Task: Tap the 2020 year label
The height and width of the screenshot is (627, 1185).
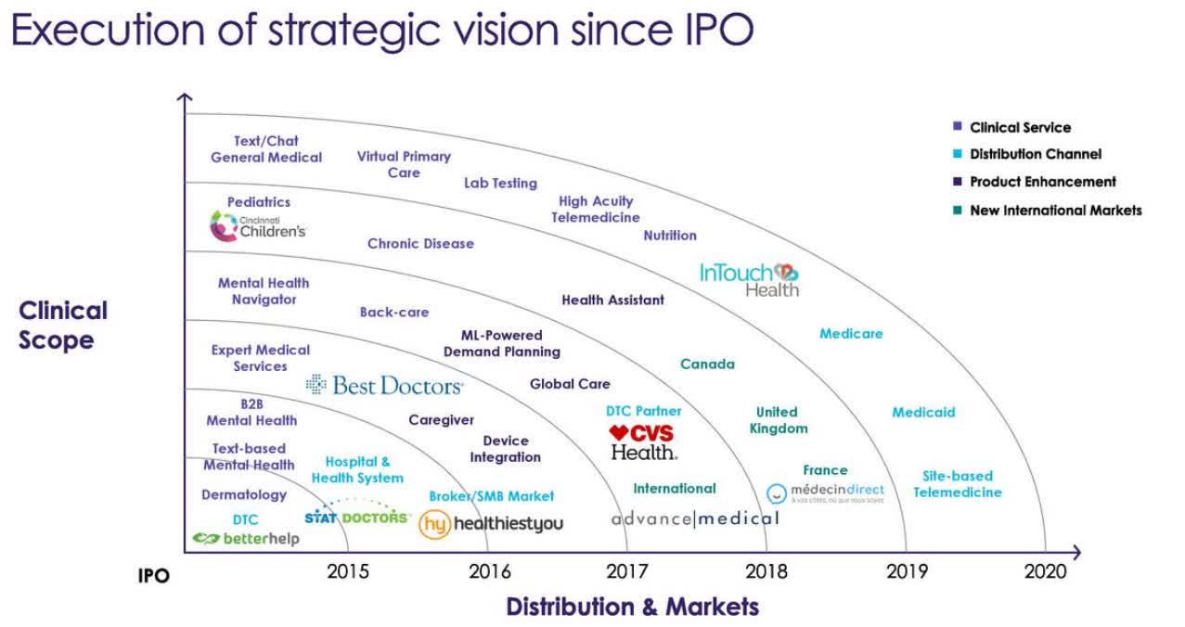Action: point(1045,571)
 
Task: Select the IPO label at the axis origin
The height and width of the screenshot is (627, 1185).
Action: point(154,576)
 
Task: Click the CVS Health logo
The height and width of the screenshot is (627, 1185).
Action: point(642,442)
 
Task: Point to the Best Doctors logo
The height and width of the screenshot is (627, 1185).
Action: point(384,385)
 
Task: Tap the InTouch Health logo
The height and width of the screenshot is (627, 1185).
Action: point(749,278)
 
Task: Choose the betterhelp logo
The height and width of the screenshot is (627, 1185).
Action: point(246,538)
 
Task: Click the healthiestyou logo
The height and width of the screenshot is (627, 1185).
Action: point(491,524)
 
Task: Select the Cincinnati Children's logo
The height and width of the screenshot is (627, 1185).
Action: point(258,225)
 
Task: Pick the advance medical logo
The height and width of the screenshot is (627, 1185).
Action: point(695,518)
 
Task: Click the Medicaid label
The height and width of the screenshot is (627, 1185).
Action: point(923,412)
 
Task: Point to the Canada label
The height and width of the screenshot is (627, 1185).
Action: point(707,364)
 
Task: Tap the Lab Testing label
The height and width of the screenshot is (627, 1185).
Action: point(500,183)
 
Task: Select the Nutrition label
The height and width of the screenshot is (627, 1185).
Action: point(670,236)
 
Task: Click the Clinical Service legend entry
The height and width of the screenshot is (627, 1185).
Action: point(1020,127)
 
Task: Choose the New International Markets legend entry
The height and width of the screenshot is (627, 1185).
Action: point(1055,211)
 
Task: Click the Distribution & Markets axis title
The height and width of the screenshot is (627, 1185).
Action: point(632,607)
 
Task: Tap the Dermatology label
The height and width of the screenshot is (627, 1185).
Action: point(244,494)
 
